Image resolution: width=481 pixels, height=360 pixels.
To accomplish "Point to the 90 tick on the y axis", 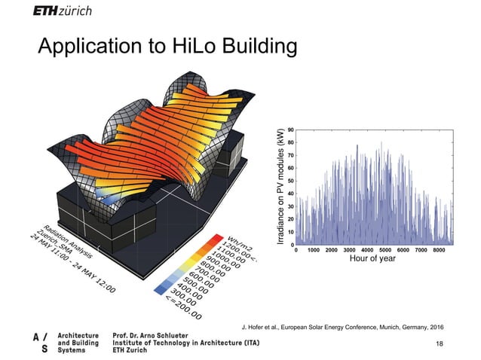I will point(290,130).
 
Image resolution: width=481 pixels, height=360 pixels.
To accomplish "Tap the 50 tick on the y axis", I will point(290,181).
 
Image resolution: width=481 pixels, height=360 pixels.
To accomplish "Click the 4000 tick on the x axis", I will point(367,249).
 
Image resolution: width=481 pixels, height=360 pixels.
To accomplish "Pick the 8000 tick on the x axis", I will point(439,249).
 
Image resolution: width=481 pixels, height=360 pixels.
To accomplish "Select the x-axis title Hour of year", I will point(372,258).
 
